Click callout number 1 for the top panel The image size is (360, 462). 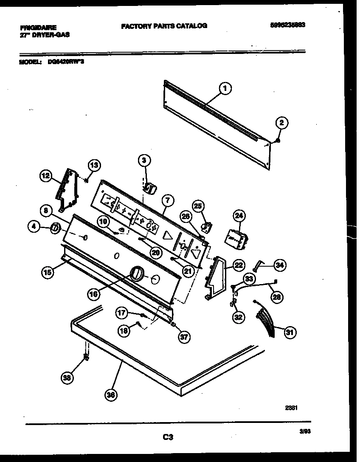pos(225,88)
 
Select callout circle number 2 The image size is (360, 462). pos(281,123)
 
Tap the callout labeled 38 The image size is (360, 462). pos(67,377)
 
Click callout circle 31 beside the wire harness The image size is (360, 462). pos(290,332)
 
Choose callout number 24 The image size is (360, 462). pos(239,216)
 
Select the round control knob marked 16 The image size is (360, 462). pos(136,274)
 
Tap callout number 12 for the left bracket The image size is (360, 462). pos(46,175)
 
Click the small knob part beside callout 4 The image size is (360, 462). pos(54,228)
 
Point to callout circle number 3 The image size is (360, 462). pos(144,160)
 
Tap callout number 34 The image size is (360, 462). pos(279,265)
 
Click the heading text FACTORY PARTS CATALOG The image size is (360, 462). pos(164,26)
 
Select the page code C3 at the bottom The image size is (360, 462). pos(168,437)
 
